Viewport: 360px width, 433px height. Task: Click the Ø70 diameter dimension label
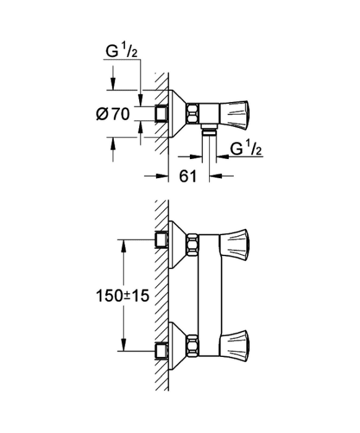(x=113, y=113)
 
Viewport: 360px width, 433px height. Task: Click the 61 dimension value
(x=187, y=176)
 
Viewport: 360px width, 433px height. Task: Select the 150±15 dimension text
(x=122, y=296)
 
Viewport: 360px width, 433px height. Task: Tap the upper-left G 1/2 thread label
(x=121, y=51)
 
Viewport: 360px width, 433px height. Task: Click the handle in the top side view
(x=234, y=113)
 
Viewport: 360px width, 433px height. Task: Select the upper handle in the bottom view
(x=234, y=244)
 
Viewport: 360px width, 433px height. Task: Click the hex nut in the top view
(x=192, y=113)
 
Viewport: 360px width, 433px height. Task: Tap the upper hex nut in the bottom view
(x=192, y=244)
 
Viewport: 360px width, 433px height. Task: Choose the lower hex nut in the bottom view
(x=192, y=345)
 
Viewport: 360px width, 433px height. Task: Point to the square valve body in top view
(x=209, y=113)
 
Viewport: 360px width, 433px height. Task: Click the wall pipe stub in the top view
(x=162, y=113)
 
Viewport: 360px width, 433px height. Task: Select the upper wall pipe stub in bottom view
(x=162, y=241)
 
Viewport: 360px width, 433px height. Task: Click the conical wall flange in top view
(x=178, y=113)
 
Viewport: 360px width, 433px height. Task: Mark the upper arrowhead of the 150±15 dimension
(x=124, y=246)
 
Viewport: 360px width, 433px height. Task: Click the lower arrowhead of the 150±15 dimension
(x=124, y=345)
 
